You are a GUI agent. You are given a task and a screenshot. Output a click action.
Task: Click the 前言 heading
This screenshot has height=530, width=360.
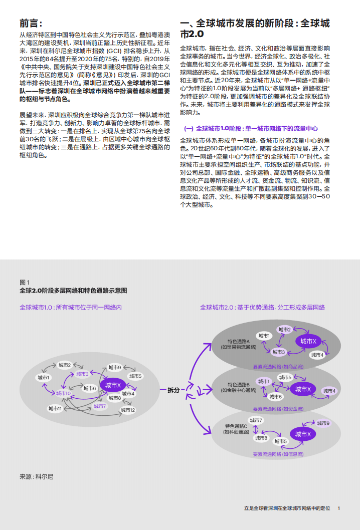coord(31,24)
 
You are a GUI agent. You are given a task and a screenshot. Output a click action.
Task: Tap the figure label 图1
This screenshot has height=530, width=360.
coord(25,283)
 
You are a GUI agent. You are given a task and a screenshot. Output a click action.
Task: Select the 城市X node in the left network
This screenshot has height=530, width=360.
coord(113,385)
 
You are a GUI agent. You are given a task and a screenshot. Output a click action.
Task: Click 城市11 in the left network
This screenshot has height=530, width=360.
coord(55,409)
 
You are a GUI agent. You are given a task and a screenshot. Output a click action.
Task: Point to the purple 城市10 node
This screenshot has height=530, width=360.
coord(63,393)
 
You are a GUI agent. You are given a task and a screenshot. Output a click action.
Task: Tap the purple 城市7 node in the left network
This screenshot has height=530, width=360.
coord(100,406)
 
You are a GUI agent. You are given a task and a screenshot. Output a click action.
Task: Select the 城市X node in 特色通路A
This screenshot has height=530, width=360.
coord(308,341)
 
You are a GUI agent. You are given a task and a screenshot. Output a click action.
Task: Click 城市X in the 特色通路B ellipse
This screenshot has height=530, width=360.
coord(303,389)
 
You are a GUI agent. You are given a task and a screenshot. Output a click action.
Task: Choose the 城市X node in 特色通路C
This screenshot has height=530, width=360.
coord(303,434)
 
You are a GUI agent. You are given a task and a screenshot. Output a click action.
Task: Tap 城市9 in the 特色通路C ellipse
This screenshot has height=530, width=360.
coord(322,423)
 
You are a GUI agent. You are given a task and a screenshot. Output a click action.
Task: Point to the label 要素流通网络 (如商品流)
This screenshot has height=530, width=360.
coord(278,367)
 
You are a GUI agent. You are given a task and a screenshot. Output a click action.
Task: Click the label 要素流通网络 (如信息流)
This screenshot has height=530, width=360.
coord(278,454)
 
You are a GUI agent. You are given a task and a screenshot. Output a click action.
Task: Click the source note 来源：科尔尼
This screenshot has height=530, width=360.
coord(36,476)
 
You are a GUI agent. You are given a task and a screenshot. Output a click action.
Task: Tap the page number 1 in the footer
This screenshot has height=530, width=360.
coord(339,508)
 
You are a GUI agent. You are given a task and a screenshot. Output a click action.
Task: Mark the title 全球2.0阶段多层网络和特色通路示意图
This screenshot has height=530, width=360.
coord(73,291)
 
